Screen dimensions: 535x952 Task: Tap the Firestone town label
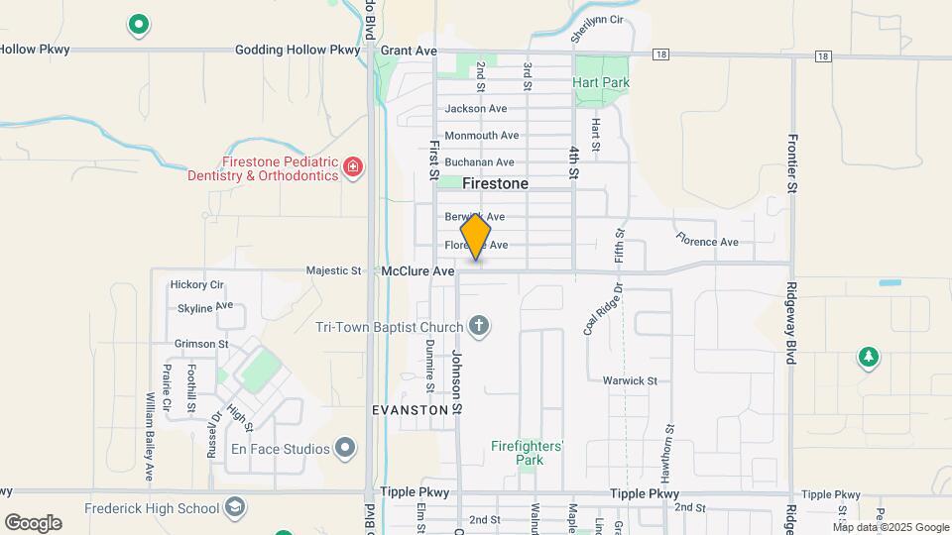(x=495, y=183)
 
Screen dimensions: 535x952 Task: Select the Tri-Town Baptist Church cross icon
(x=479, y=327)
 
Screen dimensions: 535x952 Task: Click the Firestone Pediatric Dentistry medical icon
(x=352, y=168)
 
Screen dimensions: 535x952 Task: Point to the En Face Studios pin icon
(x=345, y=449)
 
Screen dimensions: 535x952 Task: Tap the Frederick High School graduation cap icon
(x=234, y=509)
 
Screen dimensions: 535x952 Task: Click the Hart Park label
(x=601, y=83)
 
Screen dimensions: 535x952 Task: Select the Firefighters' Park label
(x=528, y=453)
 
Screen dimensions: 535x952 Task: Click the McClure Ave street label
(x=417, y=270)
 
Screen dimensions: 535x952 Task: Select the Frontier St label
(x=791, y=163)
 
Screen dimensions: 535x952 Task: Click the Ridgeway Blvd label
(x=791, y=324)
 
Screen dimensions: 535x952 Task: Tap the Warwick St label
(x=630, y=380)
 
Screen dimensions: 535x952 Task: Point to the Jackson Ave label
(x=476, y=109)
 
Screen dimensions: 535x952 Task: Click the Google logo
(x=33, y=523)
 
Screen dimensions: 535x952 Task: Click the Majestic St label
(x=334, y=270)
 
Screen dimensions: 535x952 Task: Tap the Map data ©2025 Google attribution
(x=891, y=526)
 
